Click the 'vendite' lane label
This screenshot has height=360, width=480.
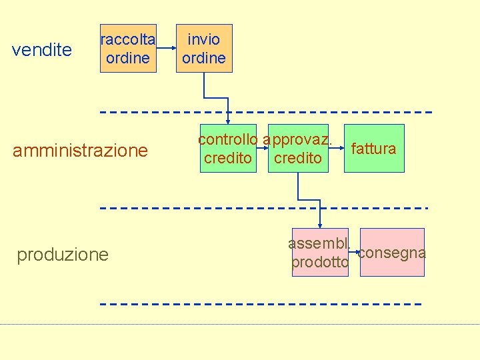[x=43, y=50]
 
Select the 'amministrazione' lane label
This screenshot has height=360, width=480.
[x=81, y=151]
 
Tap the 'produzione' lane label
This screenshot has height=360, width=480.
[x=63, y=255]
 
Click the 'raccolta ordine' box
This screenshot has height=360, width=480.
[x=128, y=48]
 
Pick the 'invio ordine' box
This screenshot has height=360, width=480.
[x=204, y=48]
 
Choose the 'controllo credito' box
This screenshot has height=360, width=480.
[x=228, y=149]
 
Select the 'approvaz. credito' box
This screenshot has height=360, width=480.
[x=298, y=149]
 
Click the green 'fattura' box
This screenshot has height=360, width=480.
[x=374, y=149]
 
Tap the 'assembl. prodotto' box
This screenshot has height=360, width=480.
[x=320, y=253]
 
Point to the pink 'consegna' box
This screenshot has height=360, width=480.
[x=392, y=253]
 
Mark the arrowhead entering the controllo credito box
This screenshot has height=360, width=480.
[x=228, y=121]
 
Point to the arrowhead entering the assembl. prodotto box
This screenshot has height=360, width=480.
[x=321, y=225]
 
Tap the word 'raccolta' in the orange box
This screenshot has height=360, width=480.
[x=128, y=39]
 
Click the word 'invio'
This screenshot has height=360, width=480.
[x=204, y=39]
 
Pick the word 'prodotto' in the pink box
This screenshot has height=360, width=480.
[x=320, y=263]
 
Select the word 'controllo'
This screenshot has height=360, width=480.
[x=228, y=140]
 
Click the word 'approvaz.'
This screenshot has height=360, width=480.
[x=298, y=140]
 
